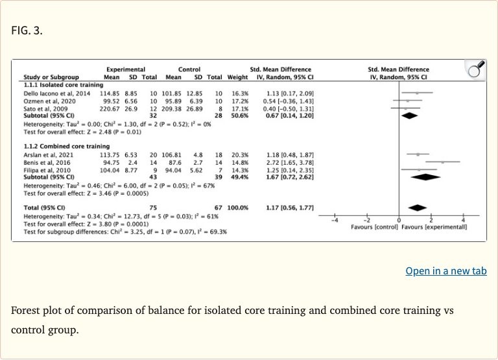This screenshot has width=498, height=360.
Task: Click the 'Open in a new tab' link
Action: [x=445, y=271]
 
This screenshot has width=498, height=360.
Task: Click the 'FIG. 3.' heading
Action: [x=27, y=30]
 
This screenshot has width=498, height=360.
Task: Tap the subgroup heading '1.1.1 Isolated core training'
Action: [x=55, y=85]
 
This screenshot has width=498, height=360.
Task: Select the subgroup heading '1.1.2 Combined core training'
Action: [x=58, y=147]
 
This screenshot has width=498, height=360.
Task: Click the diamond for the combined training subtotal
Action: [x=425, y=176]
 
